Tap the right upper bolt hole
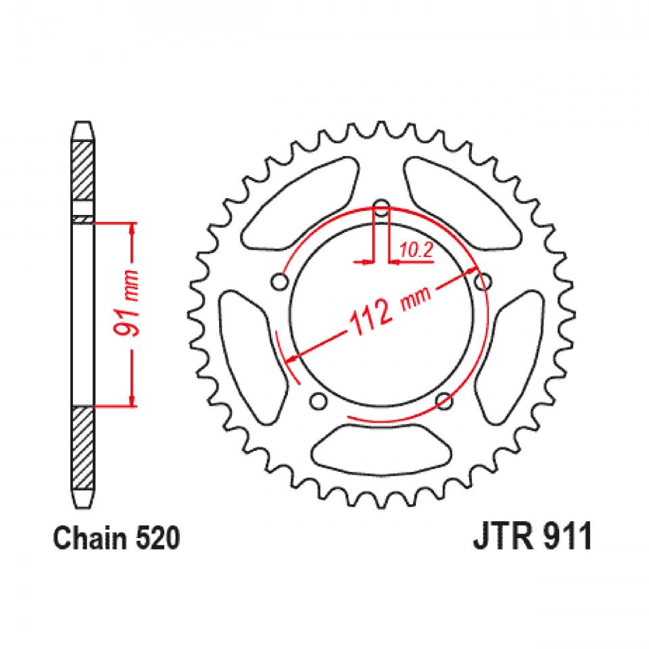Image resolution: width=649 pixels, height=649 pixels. point(483,280)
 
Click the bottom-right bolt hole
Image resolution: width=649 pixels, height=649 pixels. point(444,402)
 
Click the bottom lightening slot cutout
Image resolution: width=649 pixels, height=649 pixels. point(381,451)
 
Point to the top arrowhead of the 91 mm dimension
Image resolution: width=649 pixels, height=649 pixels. point(133,229)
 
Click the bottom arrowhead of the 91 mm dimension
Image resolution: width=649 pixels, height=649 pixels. point(133,400)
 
